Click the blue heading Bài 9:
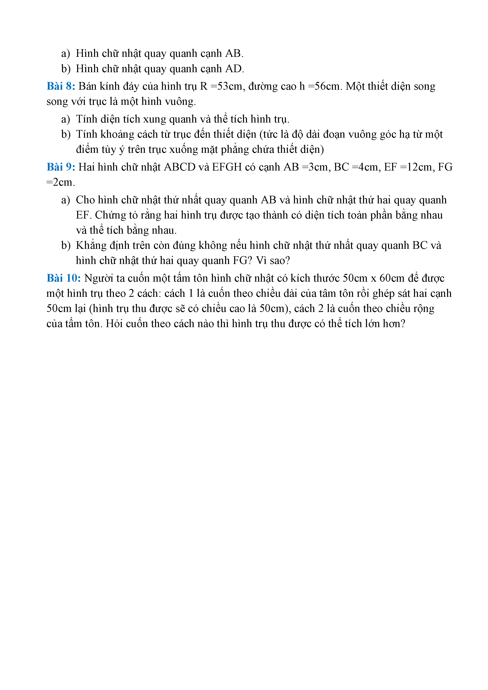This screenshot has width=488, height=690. point(61,167)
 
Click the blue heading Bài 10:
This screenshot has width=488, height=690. point(63,278)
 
